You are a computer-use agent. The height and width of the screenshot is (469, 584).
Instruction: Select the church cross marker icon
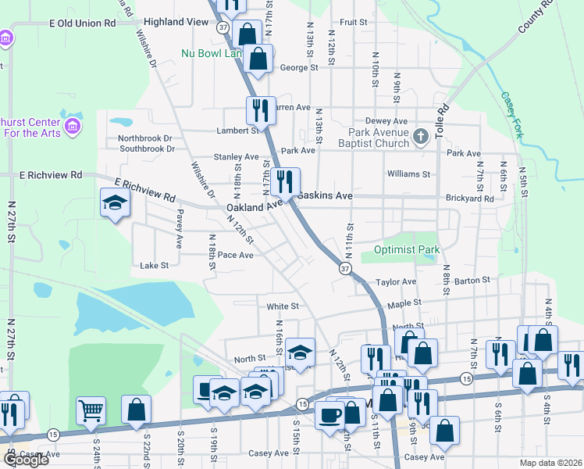[421, 138]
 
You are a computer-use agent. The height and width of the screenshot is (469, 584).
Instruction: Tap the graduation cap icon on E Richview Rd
[114, 203]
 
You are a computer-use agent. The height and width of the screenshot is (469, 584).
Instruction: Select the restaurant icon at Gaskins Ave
[285, 183]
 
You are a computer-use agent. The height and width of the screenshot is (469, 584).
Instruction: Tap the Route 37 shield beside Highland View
[223, 27]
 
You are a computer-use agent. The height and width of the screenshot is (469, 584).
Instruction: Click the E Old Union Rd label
[82, 23]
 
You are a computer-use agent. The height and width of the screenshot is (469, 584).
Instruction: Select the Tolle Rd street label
[443, 120]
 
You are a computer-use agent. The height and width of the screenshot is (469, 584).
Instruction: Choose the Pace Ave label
[236, 255]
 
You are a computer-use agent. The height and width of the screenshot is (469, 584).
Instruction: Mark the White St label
[283, 306]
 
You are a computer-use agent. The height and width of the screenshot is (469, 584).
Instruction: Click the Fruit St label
[353, 23]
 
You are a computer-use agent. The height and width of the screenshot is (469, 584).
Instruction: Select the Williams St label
[408, 174]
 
